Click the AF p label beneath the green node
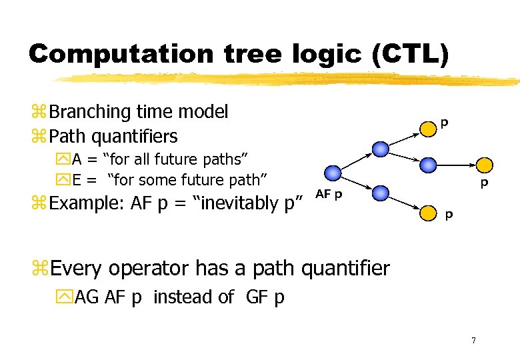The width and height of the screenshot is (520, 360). coord(329,194)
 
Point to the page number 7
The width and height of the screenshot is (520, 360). coord(473,341)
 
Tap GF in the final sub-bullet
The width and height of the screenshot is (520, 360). coord(257,297)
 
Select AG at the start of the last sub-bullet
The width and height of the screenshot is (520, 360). coord(86,297)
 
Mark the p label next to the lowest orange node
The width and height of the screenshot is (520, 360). coord(449,215)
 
